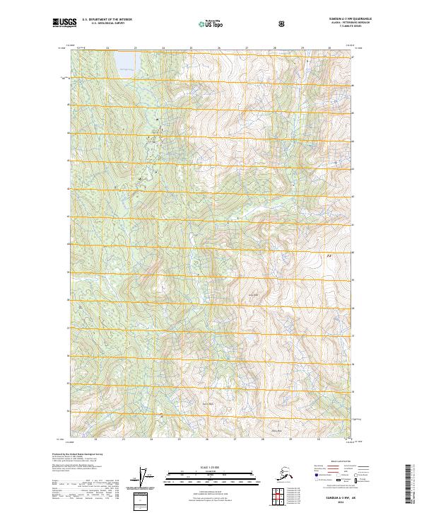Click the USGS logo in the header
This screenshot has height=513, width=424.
click(64, 23)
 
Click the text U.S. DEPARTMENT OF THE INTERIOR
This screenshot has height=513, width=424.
click(107, 20)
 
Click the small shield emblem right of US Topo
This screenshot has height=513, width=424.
click(281, 23)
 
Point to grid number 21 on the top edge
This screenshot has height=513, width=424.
click(79, 48)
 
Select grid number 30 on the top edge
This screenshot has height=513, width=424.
click(329, 48)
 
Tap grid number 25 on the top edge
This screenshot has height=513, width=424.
click(190, 48)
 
